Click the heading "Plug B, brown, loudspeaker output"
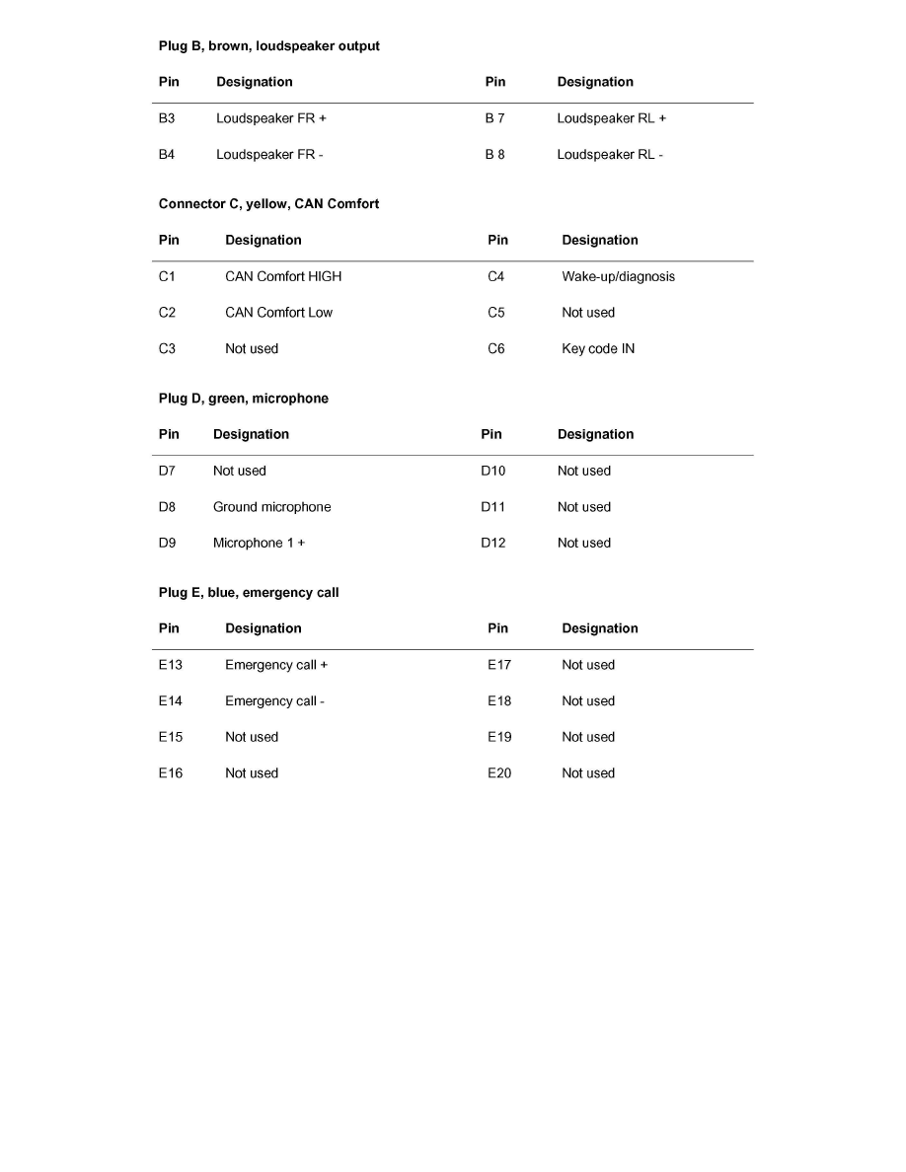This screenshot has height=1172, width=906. point(268,46)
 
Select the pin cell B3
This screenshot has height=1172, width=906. point(167,118)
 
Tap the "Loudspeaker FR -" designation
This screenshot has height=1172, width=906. point(269,155)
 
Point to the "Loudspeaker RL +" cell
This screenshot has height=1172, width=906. point(611,118)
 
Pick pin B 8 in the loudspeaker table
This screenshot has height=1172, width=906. point(494,155)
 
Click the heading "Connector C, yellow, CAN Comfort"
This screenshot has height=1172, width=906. point(268,204)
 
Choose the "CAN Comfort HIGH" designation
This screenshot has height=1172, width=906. point(282,276)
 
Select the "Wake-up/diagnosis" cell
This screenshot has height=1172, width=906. point(618,276)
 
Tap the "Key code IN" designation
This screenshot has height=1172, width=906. point(598,349)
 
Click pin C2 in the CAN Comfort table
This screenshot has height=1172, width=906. point(167,313)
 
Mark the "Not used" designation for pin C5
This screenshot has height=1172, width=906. point(588,313)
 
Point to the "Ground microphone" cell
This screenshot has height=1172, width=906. point(271,507)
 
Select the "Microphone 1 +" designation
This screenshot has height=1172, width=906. point(259,544)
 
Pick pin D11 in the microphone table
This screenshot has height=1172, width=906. point(492,507)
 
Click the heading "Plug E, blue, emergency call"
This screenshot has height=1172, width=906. point(248,593)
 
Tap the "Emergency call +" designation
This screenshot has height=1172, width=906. point(276,665)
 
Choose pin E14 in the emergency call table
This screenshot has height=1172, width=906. point(170,701)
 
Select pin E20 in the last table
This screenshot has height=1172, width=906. point(499,773)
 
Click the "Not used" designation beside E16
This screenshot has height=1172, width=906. point(252,773)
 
